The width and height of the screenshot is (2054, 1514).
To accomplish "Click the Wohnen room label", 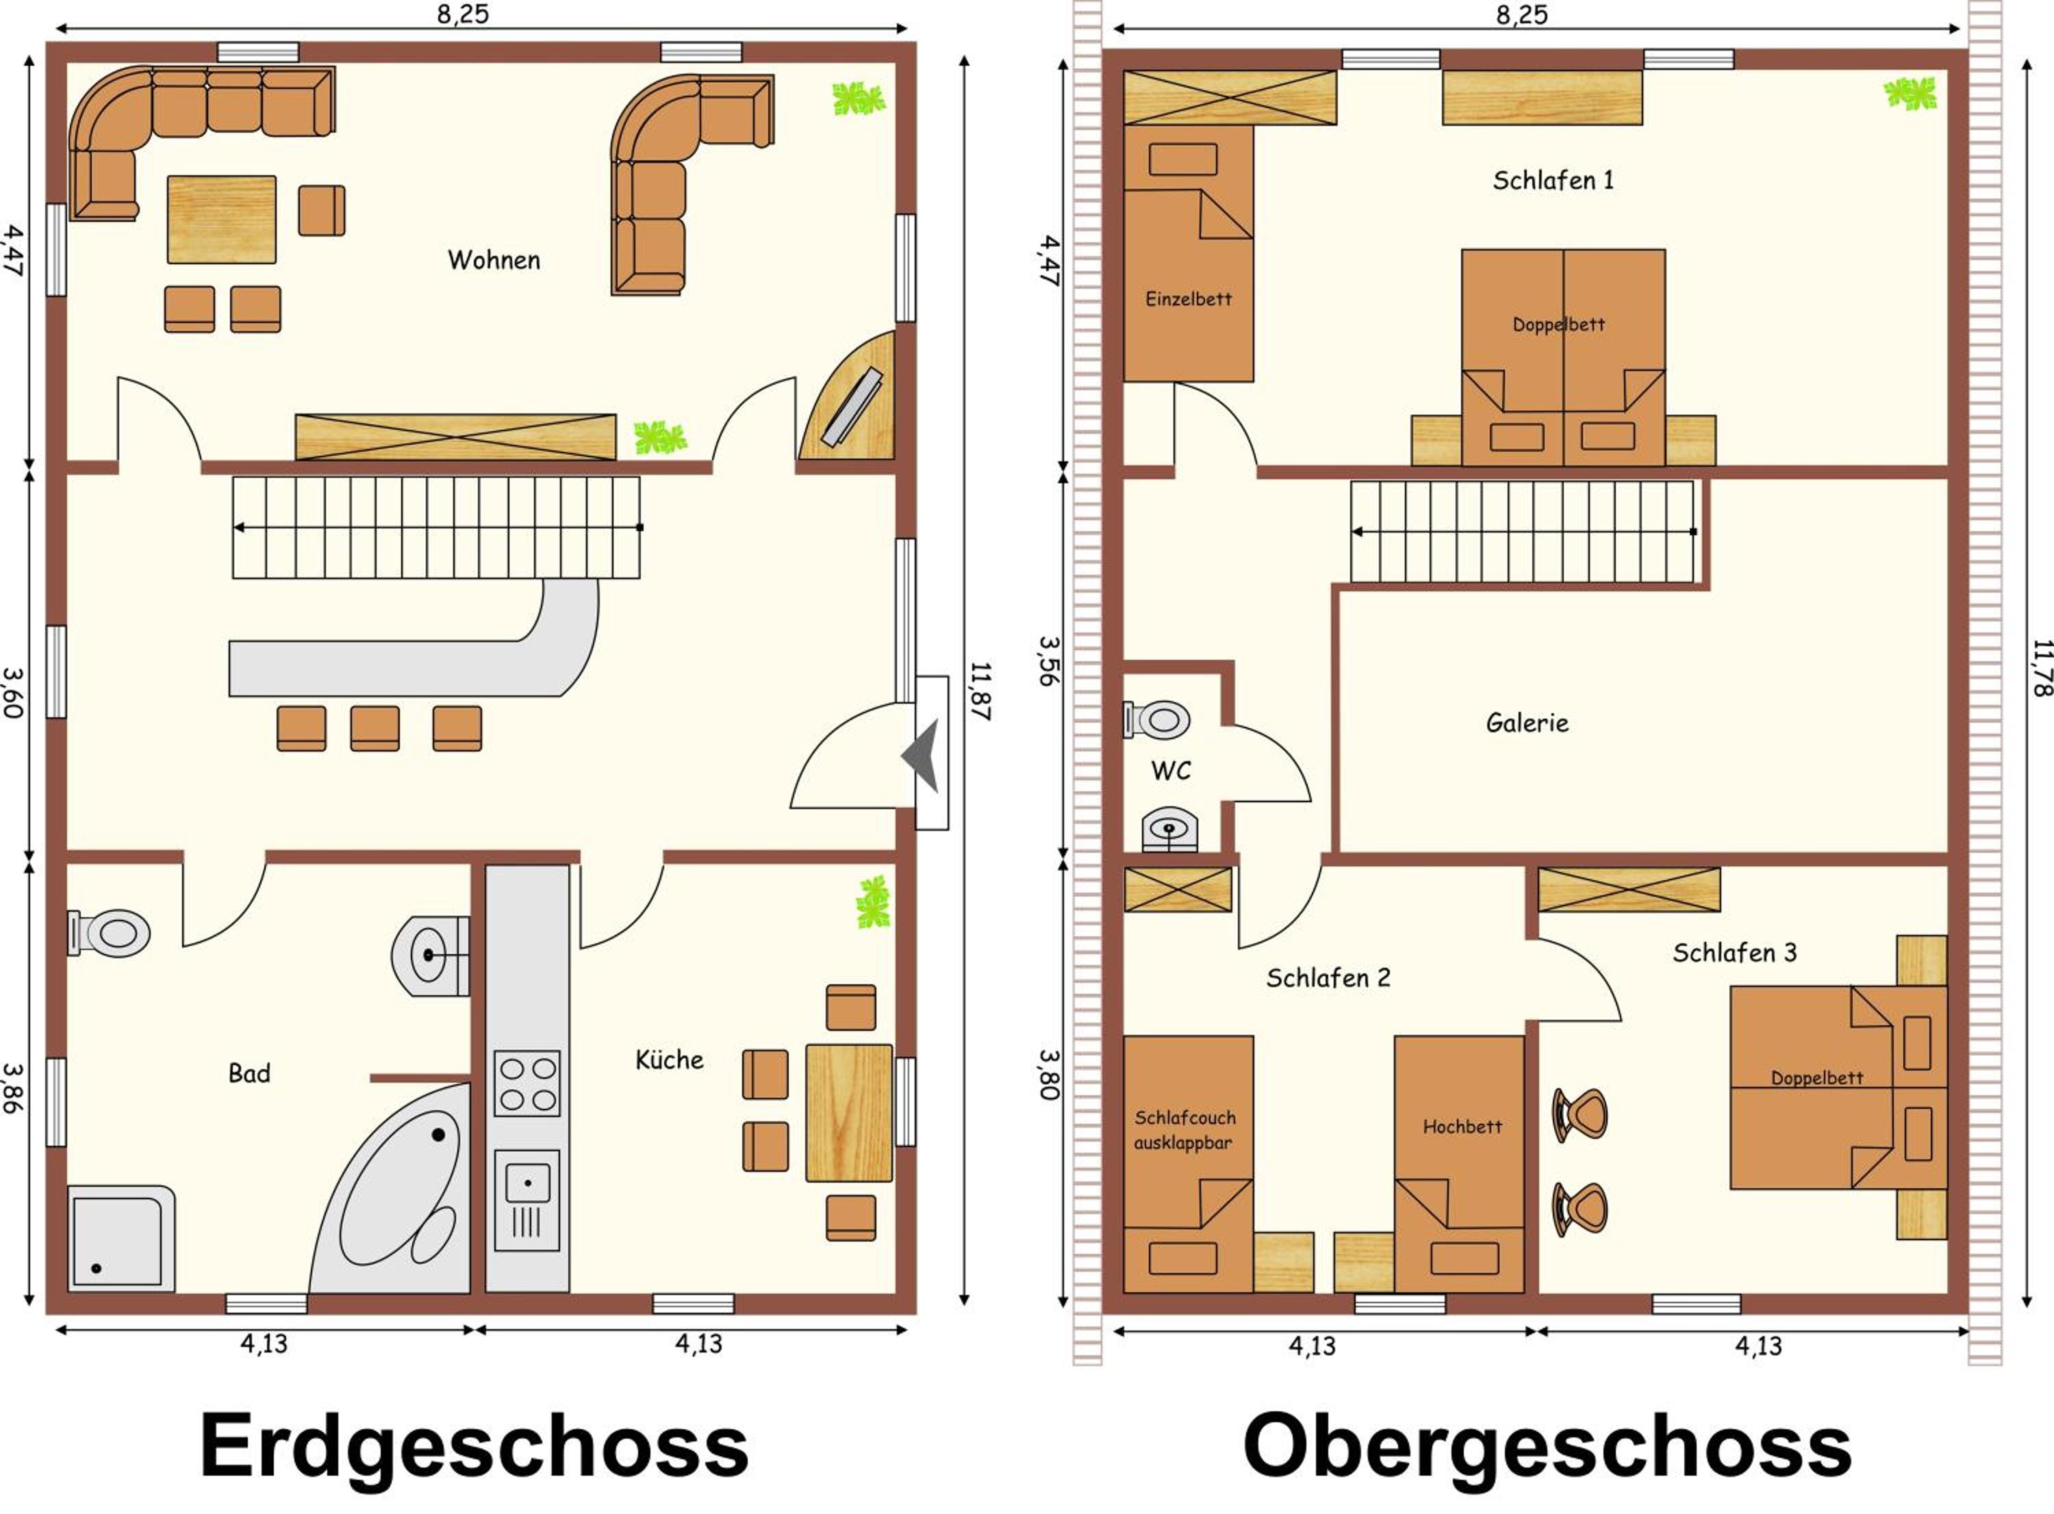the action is click(494, 260).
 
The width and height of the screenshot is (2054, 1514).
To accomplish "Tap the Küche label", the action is click(669, 1060).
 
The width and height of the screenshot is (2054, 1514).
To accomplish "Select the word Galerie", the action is click(1527, 723).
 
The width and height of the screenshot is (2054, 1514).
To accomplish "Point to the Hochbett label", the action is click(1462, 1127).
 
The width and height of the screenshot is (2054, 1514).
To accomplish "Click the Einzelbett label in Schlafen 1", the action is click(1188, 299).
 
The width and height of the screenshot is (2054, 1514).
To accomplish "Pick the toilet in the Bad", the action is click(109, 933).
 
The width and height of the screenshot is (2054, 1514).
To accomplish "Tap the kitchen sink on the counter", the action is click(527, 1201).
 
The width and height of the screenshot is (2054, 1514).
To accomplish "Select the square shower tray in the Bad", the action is click(121, 1238).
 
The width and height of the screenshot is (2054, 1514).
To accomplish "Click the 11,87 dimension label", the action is click(980, 692).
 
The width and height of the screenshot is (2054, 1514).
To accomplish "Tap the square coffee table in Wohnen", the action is click(222, 220).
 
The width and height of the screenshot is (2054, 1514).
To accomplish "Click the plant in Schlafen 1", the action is click(1910, 94).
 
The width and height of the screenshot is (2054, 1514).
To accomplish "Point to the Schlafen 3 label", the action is click(1734, 953).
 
